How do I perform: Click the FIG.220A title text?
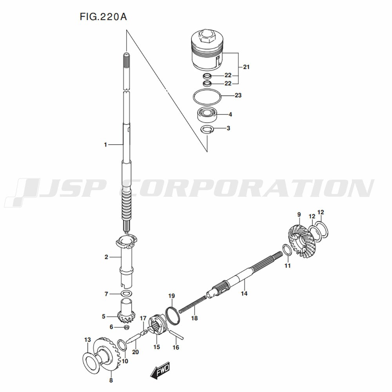103,17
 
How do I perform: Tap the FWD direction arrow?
160,369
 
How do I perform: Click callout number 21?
246,67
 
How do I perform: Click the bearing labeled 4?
207,114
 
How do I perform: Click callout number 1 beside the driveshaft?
105,145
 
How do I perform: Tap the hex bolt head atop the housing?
206,36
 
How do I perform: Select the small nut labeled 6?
126,327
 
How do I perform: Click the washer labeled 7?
127,293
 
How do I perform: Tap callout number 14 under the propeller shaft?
244,293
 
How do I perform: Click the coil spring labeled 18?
193,304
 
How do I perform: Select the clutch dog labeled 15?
157,325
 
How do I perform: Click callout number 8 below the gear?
111,381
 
